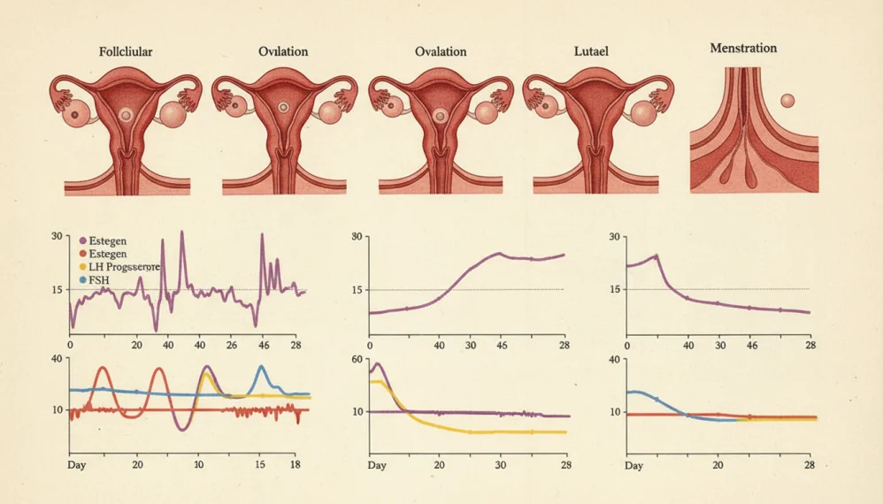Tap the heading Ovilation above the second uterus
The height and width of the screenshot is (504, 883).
click(283, 51)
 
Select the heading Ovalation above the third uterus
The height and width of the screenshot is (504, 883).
click(441, 51)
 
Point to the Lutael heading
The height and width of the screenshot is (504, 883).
click(591, 51)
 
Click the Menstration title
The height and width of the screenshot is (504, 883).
click(743, 48)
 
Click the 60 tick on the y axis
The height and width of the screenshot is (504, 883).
click(357, 359)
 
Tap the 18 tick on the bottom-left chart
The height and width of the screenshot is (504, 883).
click(296, 464)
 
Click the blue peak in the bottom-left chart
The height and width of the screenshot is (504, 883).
click(262, 366)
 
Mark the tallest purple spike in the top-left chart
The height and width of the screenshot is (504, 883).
click(181, 233)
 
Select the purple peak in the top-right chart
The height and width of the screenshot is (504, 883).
click(656, 256)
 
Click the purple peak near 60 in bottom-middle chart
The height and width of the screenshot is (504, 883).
click(378, 364)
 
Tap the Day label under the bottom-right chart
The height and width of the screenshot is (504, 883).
click(634, 465)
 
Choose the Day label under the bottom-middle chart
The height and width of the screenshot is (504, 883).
click(377, 465)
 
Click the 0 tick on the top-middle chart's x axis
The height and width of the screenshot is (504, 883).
click(370, 345)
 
